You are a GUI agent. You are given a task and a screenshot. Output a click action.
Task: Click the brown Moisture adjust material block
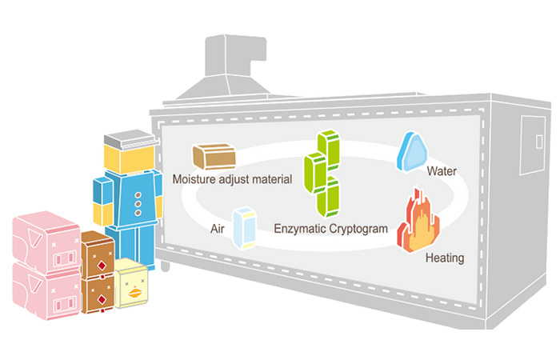tap(213, 156)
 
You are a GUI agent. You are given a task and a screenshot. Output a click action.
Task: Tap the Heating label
tap(445, 258)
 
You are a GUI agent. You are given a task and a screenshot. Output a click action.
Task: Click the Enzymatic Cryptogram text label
tap(330, 229)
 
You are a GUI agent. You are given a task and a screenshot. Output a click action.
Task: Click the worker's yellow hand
tap(104, 214)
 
